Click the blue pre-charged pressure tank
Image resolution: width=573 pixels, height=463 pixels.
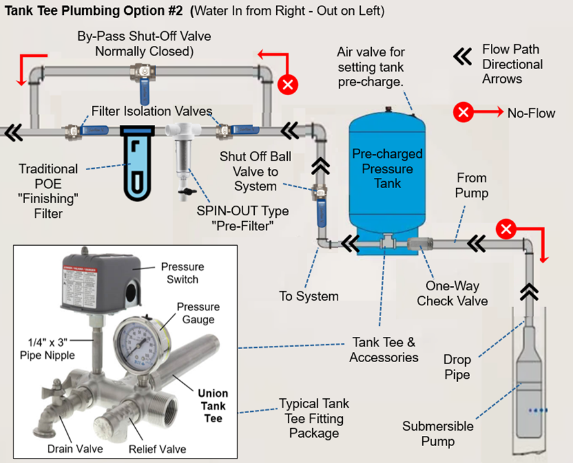click(386, 171)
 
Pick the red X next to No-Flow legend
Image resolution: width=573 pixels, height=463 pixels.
click(463, 113)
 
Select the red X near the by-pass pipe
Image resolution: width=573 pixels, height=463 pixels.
click(288, 85)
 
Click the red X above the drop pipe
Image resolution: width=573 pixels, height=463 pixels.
click(507, 229)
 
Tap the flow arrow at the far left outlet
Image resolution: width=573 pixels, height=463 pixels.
click(14, 133)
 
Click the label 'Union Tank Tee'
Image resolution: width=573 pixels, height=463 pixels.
click(213, 406)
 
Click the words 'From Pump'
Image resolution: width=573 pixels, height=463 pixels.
click(471, 185)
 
